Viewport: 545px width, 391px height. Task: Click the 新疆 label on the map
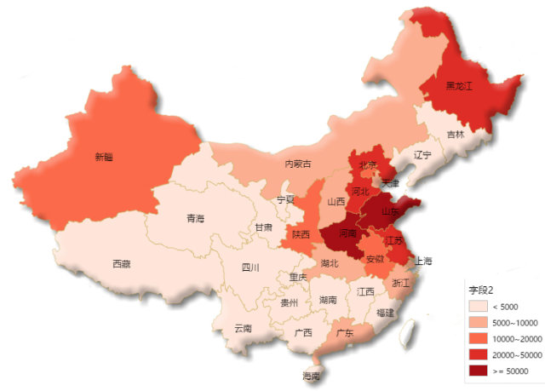[103, 157]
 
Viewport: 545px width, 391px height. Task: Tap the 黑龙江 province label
[461, 87]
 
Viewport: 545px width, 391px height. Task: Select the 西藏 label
[122, 264]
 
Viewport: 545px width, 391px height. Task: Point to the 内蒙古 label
[297, 164]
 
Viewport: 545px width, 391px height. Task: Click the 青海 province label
[195, 219]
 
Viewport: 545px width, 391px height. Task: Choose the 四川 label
[250, 267]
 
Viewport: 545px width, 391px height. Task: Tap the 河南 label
[348, 233]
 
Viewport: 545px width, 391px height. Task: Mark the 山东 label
[391, 210]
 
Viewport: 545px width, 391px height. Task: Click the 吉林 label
[456, 135]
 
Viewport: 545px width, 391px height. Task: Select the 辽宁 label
[422, 155]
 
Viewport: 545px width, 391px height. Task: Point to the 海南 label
[312, 376]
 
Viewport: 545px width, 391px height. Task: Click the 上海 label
[422, 261]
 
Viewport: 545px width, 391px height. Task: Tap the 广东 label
[345, 332]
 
